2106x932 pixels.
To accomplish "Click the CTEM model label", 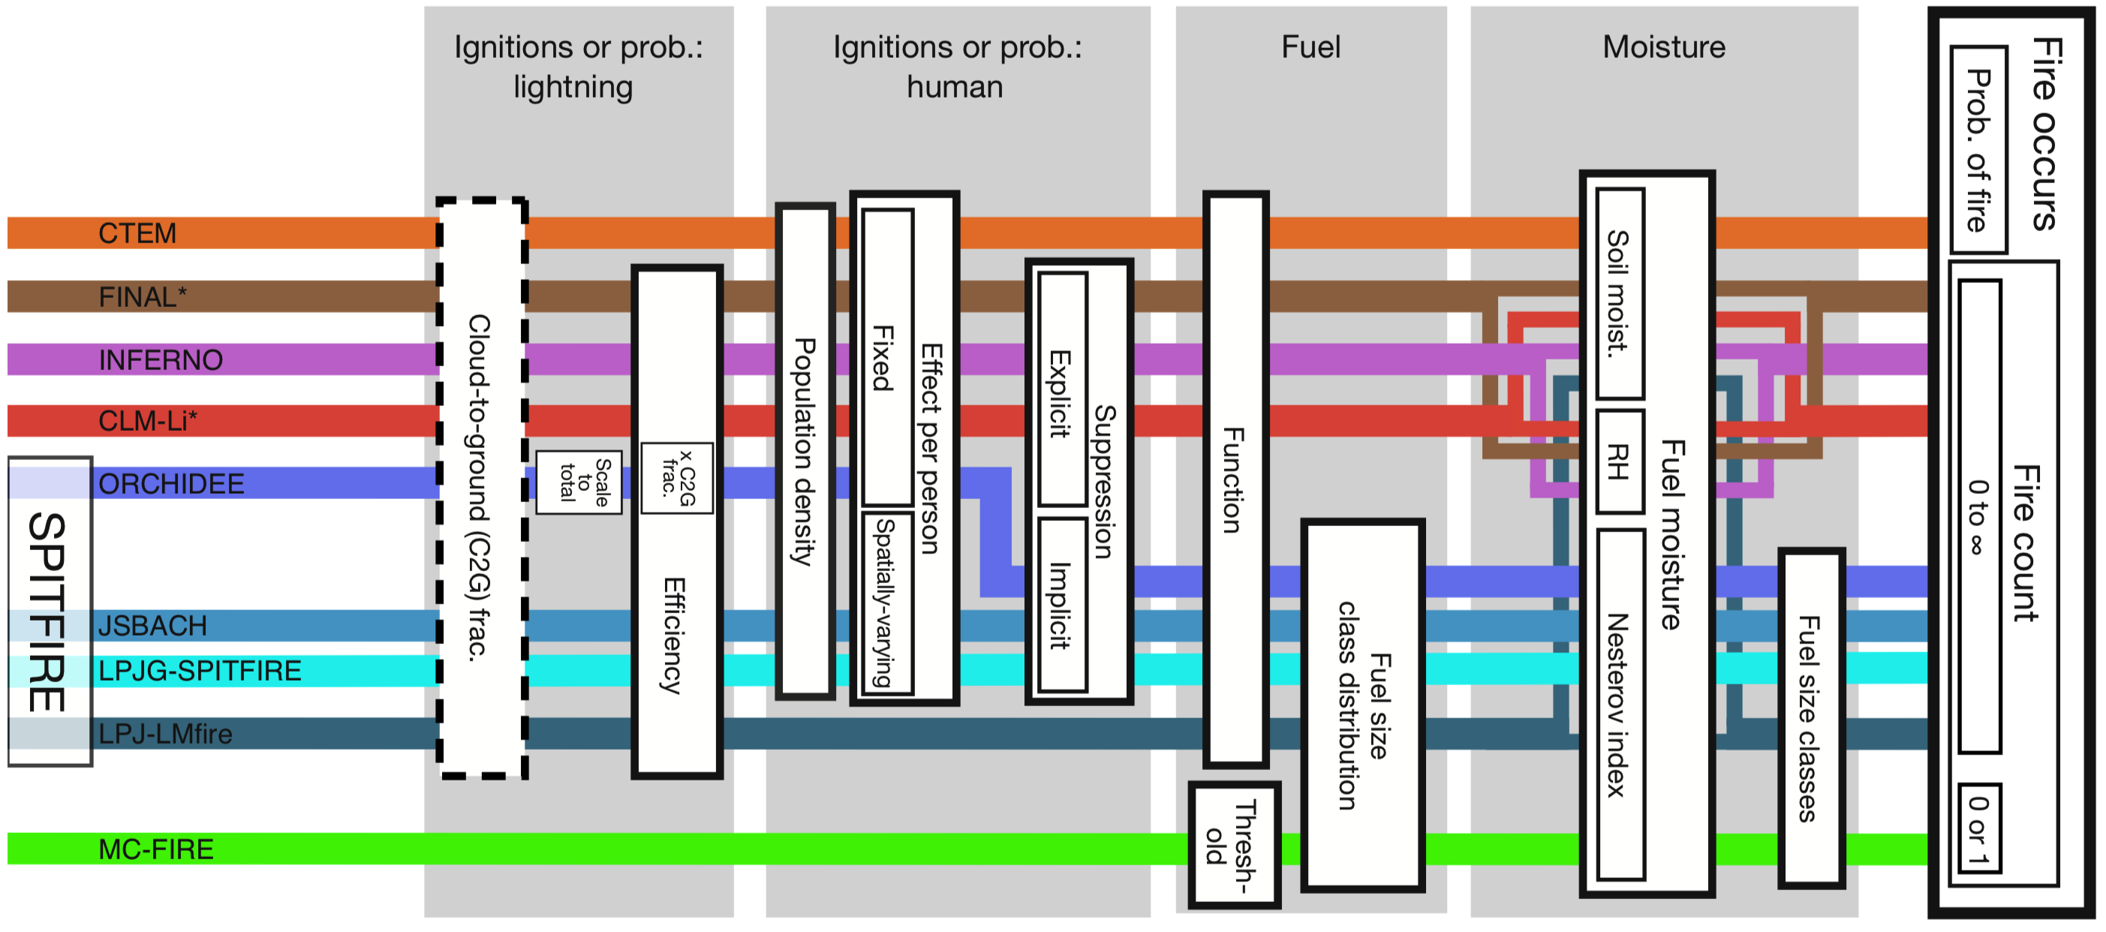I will click(137, 234).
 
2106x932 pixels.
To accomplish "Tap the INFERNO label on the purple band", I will click(161, 359).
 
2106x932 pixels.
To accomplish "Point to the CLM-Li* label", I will click(148, 421).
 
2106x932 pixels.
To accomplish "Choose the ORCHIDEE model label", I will click(171, 484).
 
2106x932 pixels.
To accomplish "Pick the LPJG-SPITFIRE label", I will click(200, 671).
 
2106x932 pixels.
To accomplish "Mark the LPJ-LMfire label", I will click(165, 734).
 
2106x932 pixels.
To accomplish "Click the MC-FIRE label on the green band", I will click(155, 849).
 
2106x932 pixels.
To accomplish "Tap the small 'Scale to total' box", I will click(579, 483).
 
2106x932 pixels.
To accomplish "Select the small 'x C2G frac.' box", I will click(677, 478).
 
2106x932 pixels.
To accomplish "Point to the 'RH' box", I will click(1620, 462).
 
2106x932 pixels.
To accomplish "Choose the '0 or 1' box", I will click(1979, 828).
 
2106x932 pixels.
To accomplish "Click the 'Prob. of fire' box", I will click(1978, 149).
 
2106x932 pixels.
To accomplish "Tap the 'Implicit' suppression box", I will click(1062, 605).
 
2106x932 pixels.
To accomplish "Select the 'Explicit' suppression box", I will click(1062, 391).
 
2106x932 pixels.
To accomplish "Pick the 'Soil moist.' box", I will click(1620, 293).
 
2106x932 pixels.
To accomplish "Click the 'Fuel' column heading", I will click(1310, 47).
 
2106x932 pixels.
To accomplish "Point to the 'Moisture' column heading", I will click(1664, 47).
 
